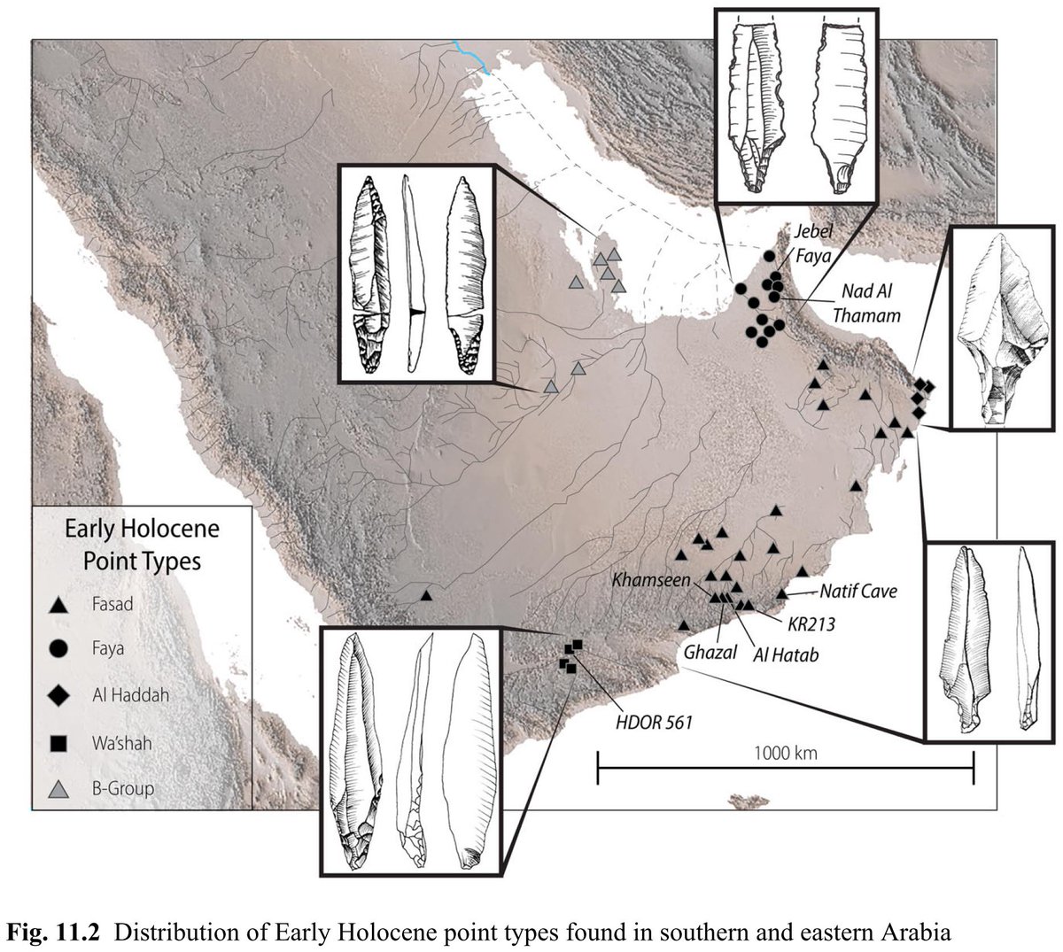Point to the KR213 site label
811,623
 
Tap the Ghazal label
705,654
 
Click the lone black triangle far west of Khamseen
426,596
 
